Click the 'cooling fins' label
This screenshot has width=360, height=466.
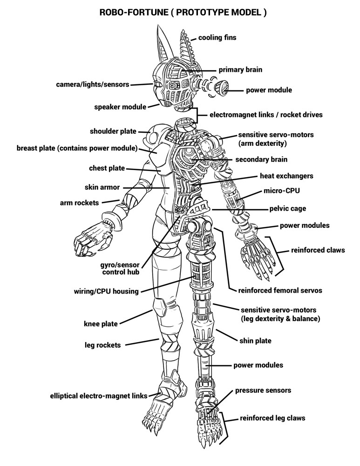click(217, 38)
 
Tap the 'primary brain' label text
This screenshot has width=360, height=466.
click(240, 70)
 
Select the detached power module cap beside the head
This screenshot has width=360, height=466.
click(222, 88)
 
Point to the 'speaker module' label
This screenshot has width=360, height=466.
click(120, 107)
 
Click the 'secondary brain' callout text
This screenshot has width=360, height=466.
click(261, 159)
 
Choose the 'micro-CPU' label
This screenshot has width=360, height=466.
click(282, 191)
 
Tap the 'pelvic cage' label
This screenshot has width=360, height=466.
click(287, 209)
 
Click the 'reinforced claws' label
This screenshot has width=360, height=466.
click(318, 250)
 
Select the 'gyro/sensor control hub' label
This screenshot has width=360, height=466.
click(120, 268)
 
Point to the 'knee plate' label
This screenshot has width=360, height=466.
click(101, 324)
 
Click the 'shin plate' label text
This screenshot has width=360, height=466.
click(255, 341)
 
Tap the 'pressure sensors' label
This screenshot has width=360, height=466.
click(263, 390)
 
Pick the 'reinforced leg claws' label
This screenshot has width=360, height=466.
click(272, 418)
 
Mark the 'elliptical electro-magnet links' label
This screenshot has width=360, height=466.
click(99, 396)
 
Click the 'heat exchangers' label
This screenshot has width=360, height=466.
click(286, 176)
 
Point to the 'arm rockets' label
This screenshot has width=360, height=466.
click(79, 203)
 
